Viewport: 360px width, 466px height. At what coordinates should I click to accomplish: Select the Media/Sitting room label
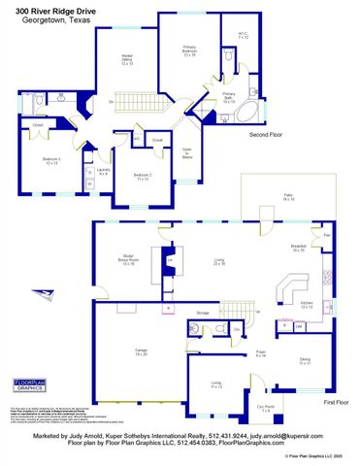126,61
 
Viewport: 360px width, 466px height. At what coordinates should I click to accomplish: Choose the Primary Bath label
229,98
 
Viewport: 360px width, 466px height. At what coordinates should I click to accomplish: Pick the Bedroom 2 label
142,176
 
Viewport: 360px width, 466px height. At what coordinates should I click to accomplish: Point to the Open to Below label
187,152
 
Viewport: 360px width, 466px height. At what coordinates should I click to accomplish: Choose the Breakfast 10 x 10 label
299,249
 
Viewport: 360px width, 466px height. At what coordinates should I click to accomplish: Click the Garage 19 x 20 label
140,352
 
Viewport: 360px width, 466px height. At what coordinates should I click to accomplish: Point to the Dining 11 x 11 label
305,362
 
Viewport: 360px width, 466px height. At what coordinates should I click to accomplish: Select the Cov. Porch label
265,408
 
